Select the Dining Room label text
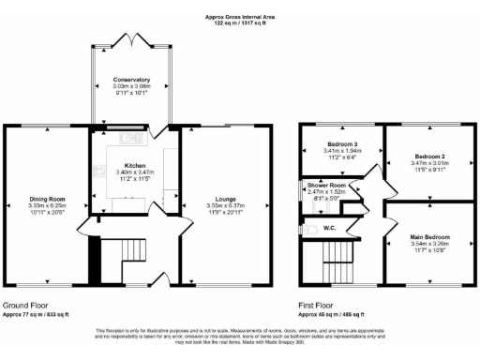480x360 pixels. point(45,200)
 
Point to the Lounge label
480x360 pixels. point(226,200)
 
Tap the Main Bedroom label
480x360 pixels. point(427,237)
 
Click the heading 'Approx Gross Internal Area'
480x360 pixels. point(240,17)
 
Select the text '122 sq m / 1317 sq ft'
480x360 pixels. point(240,24)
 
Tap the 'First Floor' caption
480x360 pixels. point(319,306)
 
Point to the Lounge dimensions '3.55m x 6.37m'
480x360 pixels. point(226,206)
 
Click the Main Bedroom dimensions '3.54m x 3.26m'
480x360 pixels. point(427,244)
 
